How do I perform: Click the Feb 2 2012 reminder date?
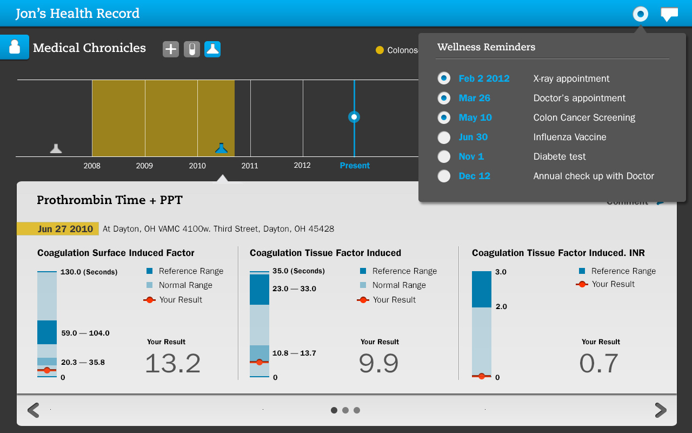[x=484, y=78]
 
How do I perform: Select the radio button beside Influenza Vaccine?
[x=444, y=137]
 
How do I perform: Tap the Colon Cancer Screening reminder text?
[x=584, y=117]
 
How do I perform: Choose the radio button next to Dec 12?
[x=444, y=176]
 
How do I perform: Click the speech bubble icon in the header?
[x=669, y=14]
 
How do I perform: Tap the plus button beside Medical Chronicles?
[x=171, y=49]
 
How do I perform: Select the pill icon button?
[x=192, y=49]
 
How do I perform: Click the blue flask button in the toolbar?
[x=212, y=49]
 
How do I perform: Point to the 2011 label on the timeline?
[x=250, y=166]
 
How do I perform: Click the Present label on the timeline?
[x=355, y=166]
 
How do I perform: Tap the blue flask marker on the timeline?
[x=221, y=148]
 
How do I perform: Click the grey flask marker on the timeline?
[x=56, y=148]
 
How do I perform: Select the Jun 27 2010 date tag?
[x=58, y=229]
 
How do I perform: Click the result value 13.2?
[x=172, y=363]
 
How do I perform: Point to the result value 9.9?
[x=378, y=363]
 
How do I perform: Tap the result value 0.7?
[x=598, y=363]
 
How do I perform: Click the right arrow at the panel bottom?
[x=660, y=410]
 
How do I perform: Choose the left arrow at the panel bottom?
[x=34, y=410]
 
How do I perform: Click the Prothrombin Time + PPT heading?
[x=110, y=200]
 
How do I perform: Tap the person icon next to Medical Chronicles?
[x=15, y=47]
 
